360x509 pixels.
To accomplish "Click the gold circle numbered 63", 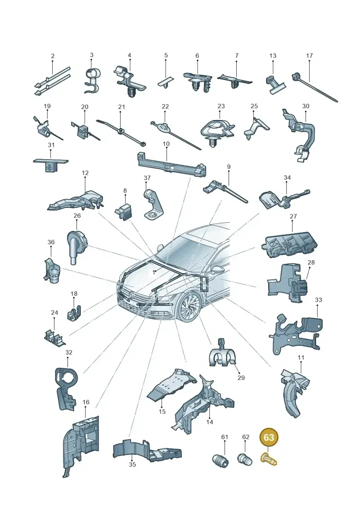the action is point(269,437).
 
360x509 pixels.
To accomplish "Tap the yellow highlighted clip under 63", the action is point(269,459).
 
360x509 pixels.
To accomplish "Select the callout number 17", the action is point(309,55).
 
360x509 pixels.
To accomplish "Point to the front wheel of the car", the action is point(189,306).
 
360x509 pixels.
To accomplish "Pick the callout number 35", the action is point(132,464).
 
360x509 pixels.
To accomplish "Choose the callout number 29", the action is point(241,378).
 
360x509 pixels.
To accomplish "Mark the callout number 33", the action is point(319,300).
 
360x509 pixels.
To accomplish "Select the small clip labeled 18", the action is point(74,313).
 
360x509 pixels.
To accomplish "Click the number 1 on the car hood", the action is point(154,272).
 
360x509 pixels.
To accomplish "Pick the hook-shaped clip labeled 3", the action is point(92,80).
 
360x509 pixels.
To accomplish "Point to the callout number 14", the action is point(210,422).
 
